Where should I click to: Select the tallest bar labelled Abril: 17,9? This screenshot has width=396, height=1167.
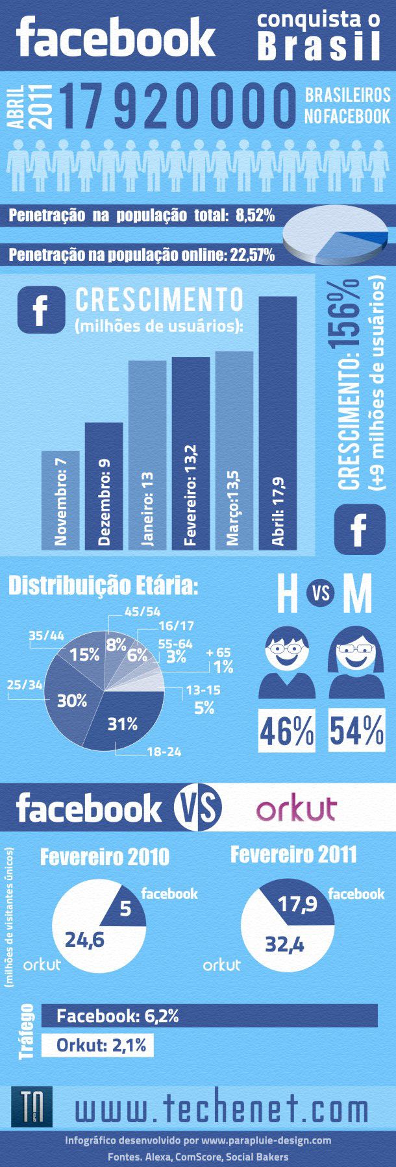tap(277, 422)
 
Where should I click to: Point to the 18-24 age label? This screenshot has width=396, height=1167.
tap(164, 752)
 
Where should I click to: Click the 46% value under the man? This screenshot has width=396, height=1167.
tap(287, 731)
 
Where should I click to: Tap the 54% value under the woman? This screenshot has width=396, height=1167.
tap(356, 731)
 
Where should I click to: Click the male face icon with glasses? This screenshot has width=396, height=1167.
tap(286, 653)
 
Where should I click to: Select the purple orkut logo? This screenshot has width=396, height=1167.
tap(296, 809)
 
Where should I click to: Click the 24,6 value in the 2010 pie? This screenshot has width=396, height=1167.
tap(84, 939)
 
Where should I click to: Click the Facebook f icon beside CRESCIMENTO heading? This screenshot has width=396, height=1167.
tap(42, 310)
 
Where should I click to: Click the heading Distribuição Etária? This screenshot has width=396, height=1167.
tap(103, 586)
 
